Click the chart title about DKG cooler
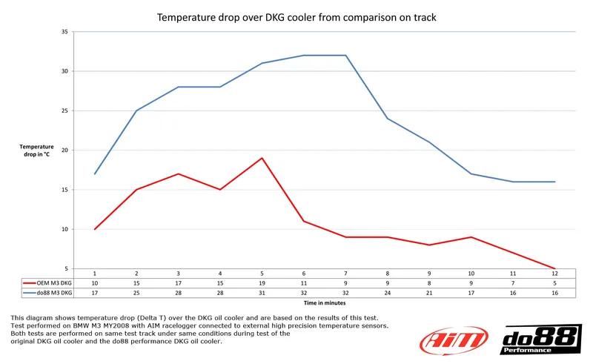(296, 16)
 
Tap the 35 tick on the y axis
(64, 32)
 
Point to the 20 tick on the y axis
(64, 150)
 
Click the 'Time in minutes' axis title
(324, 302)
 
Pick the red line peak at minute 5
(262, 158)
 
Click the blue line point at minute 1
(95, 173)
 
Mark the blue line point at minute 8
(388, 119)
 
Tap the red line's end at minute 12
(554, 268)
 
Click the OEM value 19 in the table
(262, 282)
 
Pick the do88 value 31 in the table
(262, 292)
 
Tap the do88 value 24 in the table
(388, 292)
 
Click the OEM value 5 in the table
(554, 282)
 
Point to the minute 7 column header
(345, 274)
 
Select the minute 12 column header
(554, 274)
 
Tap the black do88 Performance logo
(541, 340)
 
